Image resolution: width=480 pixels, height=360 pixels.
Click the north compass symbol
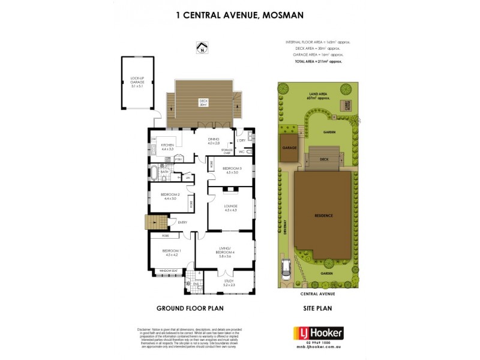coord(202,47)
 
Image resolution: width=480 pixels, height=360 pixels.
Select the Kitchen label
coord(167,146)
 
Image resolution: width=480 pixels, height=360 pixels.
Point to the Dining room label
coord(214,142)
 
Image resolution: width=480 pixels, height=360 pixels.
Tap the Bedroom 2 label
coord(170,196)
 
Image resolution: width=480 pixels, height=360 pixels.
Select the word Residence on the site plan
coord(323,215)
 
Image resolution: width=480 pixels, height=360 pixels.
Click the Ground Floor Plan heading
coord(187,310)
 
